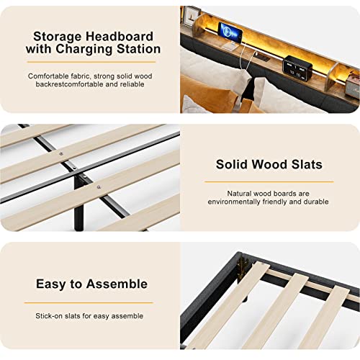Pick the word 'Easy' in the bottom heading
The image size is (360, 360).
52,284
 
